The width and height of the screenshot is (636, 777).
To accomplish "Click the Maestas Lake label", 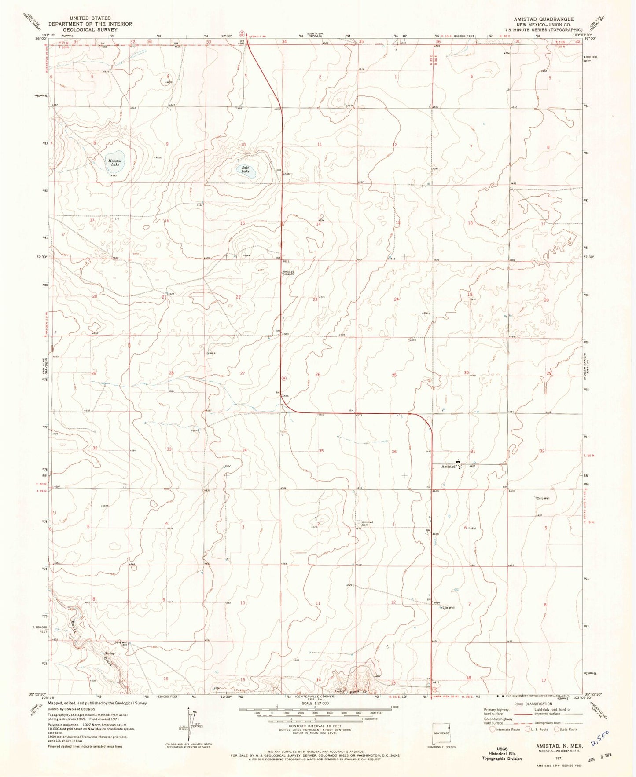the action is (x=115, y=163).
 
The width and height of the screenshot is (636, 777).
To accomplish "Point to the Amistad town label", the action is (x=449, y=467).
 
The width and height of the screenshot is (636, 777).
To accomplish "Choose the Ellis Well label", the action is (x=449, y=608).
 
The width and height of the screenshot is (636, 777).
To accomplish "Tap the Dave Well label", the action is (x=121, y=642).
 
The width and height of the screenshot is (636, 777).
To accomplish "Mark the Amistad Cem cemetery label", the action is (x=367, y=523).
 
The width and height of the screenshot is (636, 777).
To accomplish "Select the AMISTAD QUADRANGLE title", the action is (x=544, y=19).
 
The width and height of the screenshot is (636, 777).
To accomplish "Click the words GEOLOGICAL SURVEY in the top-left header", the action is (x=90, y=29).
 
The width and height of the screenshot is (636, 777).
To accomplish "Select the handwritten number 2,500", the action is (x=600, y=737).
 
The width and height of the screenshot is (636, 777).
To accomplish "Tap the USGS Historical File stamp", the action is (x=502, y=753).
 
